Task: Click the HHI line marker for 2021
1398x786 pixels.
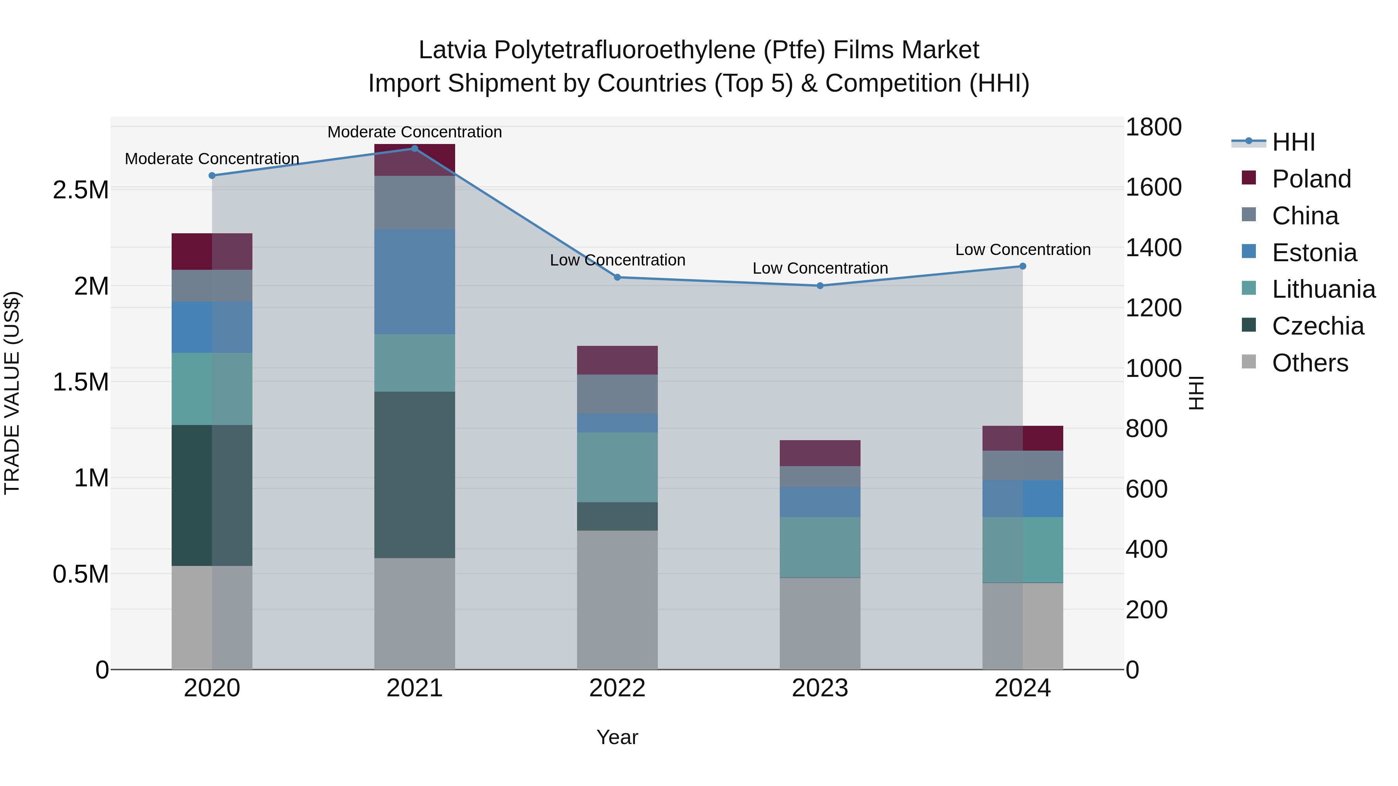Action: coord(415,148)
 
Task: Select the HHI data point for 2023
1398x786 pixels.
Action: coord(820,285)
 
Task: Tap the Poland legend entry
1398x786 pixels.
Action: coord(1311,179)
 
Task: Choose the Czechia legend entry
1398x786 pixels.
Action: coord(1317,326)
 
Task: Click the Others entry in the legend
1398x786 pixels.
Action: coord(1309,363)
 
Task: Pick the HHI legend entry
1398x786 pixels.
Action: coord(1293,142)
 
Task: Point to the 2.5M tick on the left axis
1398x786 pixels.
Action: coord(80,190)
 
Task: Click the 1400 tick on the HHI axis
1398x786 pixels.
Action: coord(1153,248)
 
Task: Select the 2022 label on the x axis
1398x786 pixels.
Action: coord(617,688)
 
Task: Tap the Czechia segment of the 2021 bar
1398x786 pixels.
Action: coord(415,475)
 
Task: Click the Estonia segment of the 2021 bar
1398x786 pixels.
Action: coord(415,281)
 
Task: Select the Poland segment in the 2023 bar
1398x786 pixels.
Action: coord(820,453)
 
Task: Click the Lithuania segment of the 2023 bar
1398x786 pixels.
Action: coord(820,547)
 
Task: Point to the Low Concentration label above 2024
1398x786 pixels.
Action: coord(1022,250)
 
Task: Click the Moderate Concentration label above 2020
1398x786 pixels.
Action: coord(212,158)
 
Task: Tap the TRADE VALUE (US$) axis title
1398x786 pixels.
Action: coord(12,393)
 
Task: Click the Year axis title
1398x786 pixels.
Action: coord(617,737)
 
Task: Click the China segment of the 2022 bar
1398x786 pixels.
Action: coord(617,394)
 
